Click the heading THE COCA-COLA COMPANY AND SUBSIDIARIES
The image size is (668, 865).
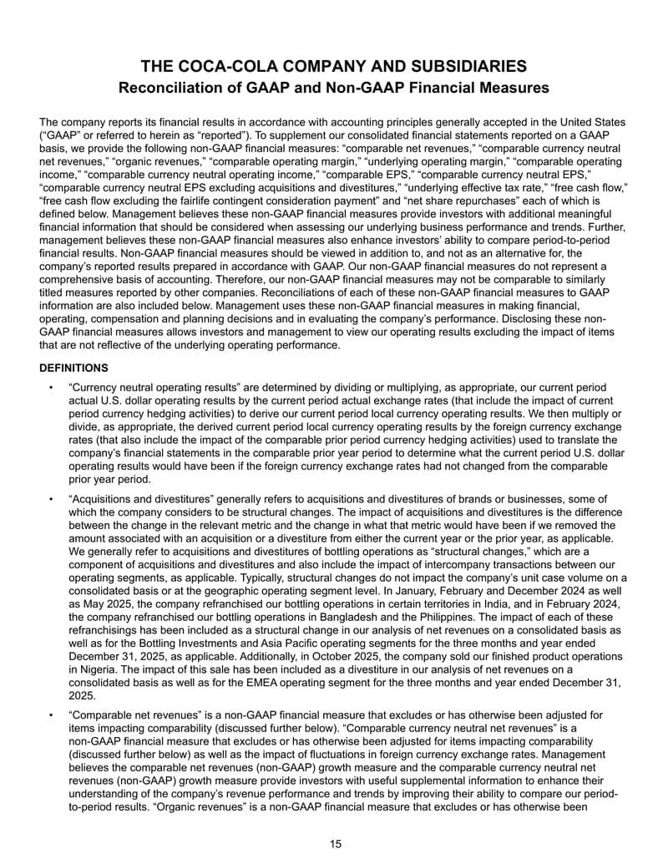pyautogui.click(x=334, y=65)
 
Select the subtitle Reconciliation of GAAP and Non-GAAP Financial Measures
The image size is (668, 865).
pyautogui.click(x=334, y=87)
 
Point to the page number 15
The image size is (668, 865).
pyautogui.click(x=335, y=844)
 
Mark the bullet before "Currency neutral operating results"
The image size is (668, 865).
pyautogui.click(x=51, y=389)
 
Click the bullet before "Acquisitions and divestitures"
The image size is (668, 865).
pyautogui.click(x=51, y=499)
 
